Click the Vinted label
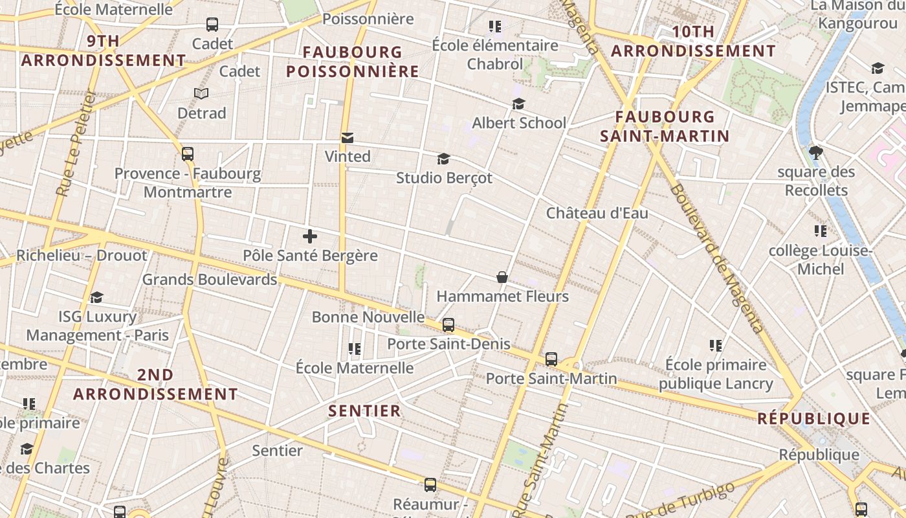[348, 156]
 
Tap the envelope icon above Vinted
[348, 137]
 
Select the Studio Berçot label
[444, 177]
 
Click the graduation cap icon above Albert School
[518, 104]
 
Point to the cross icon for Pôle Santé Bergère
[310, 236]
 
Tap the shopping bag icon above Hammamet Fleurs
[502, 277]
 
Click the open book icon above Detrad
[201, 94]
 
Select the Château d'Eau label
[597, 213]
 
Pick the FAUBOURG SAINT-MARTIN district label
[665, 126]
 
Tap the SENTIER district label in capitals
[364, 411]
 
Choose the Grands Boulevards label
[210, 280]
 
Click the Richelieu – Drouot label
[82, 255]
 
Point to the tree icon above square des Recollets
[815, 153]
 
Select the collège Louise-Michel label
[821, 260]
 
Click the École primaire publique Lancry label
[716, 374]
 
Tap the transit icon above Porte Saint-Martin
[551, 359]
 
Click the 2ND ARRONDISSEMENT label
[155, 385]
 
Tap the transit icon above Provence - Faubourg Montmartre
[188, 154]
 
